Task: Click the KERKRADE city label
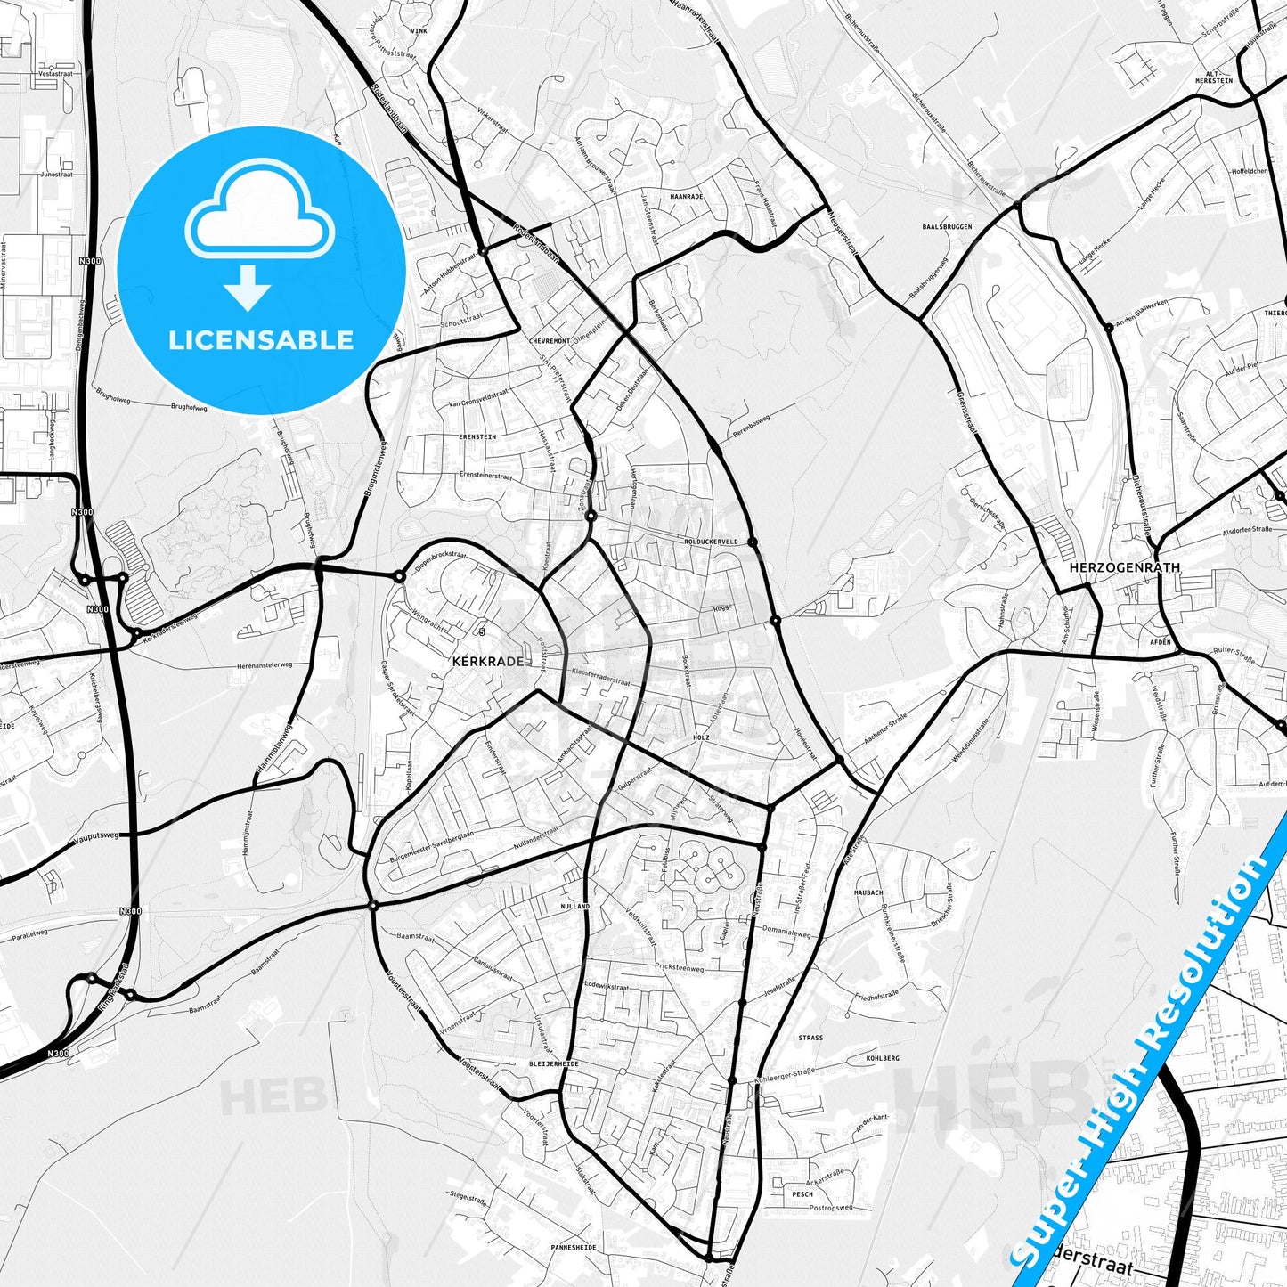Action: [487, 662]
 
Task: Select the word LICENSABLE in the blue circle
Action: [261, 340]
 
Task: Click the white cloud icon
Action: [260, 212]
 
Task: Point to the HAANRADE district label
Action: [686, 196]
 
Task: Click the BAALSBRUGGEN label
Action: [947, 227]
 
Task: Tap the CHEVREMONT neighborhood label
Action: [549, 341]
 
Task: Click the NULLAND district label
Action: [575, 906]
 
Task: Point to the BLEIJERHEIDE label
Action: [553, 1063]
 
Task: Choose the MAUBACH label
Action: [868, 892]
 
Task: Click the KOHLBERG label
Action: [883, 1058]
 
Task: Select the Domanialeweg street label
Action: [786, 932]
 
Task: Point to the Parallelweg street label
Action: [29, 934]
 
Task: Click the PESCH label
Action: [802, 1194]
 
